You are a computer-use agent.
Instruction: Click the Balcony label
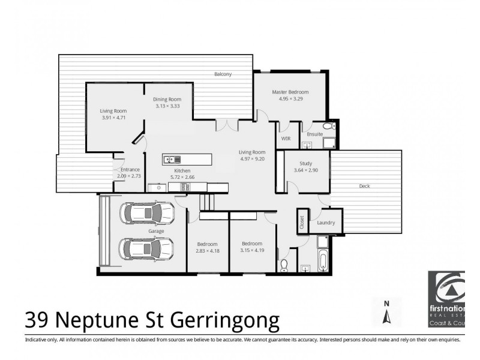(x=223, y=74)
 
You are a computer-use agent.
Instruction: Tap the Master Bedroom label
(x=290, y=92)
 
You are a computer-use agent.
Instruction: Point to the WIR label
(x=286, y=139)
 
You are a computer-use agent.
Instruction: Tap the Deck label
(x=364, y=186)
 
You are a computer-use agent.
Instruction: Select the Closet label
(x=302, y=221)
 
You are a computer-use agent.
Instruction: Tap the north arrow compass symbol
(x=387, y=311)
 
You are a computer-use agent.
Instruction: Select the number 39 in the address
(x=38, y=320)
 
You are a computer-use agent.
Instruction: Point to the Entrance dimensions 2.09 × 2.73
(x=129, y=176)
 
